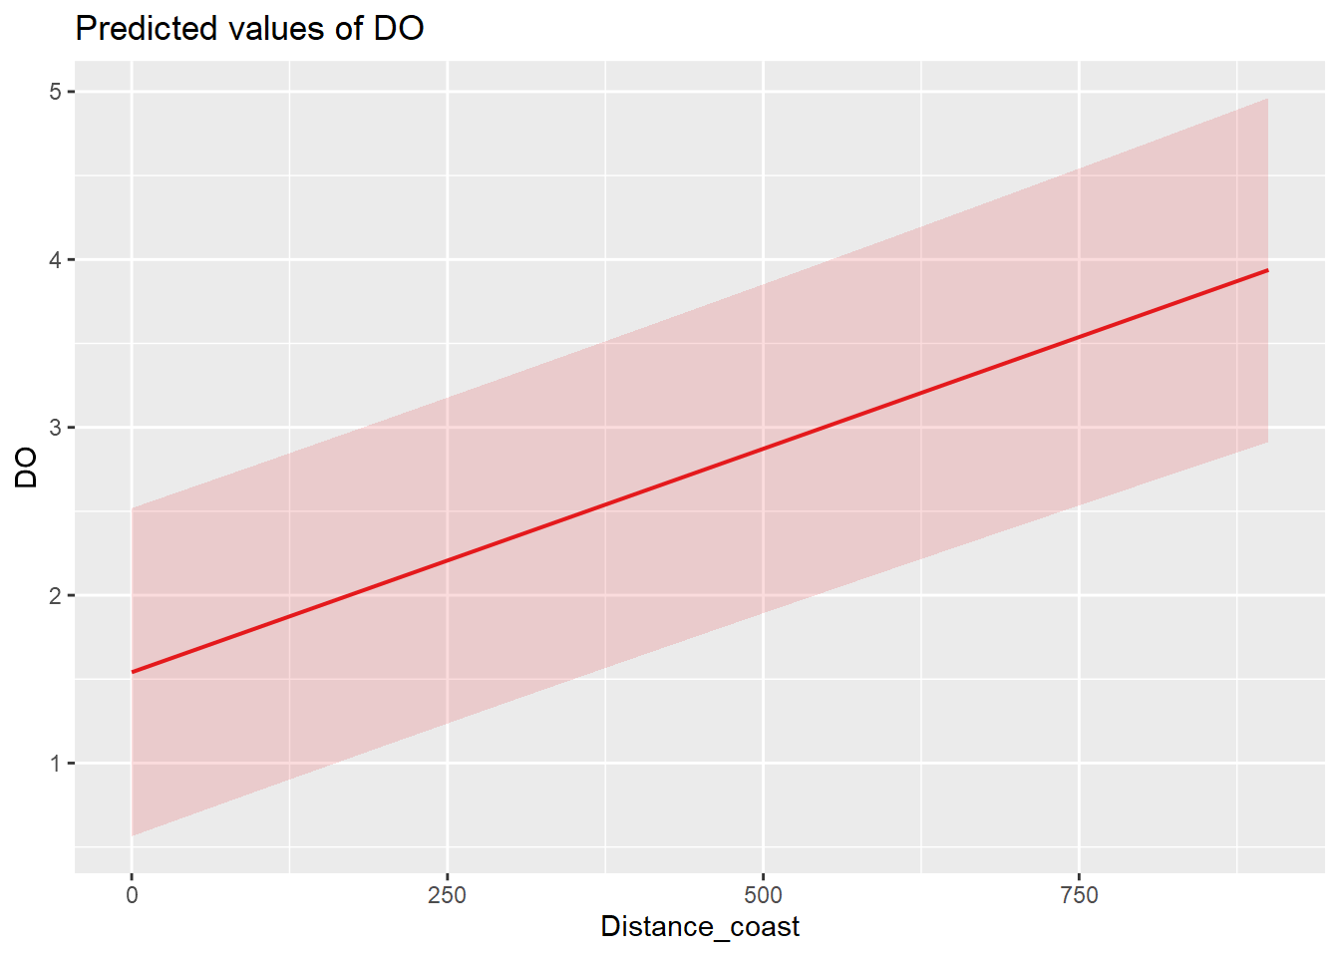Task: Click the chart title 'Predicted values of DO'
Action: (249, 28)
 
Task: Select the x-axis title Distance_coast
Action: (700, 927)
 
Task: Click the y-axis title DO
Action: (27, 467)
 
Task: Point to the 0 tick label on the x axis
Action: (132, 895)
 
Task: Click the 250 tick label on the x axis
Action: (447, 895)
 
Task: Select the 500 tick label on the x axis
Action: (763, 895)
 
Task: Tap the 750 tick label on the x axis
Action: (1079, 895)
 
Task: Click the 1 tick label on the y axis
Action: (56, 764)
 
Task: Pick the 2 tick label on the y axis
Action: (56, 596)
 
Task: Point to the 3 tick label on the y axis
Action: (56, 428)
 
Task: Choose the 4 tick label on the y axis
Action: (56, 260)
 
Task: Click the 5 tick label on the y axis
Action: (56, 92)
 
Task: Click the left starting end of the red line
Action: (133, 672)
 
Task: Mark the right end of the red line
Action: (1267, 270)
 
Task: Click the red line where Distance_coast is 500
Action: (763, 449)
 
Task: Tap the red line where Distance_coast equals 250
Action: (447, 560)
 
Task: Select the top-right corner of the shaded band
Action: (1267, 99)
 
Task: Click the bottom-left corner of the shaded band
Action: (133, 835)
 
